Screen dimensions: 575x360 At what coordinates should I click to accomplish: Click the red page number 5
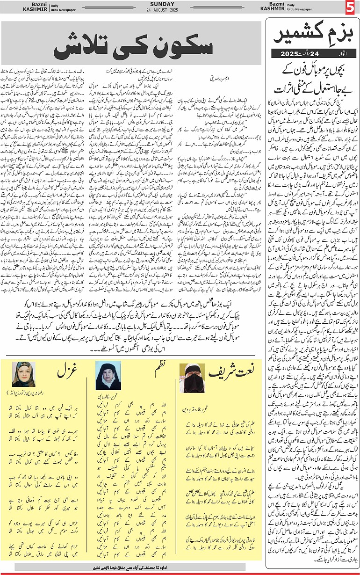coord(350,8)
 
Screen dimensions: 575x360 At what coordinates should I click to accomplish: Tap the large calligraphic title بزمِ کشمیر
coord(310,35)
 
